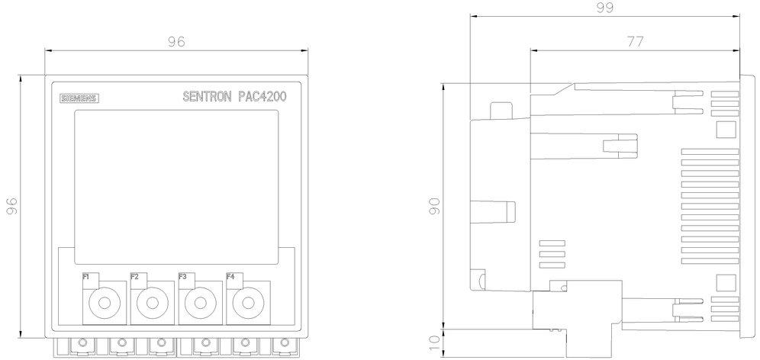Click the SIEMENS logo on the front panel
pos(79,98)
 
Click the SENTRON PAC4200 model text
pos(234,96)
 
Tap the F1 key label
pos(86,277)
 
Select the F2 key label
pos(134,277)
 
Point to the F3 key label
pos(182,277)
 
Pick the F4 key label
pos(230,277)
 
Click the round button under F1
pos(105,304)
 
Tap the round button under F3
pos(200,304)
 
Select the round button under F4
pos(248,304)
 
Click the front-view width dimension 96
pos(176,42)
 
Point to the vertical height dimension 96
pos(12,206)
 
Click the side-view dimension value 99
pos(605,8)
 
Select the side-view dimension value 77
pos(636,42)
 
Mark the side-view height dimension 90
pos(436,206)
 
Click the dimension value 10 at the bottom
pos(436,343)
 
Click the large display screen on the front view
pos(176,187)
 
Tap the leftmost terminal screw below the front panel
pos(82,343)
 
